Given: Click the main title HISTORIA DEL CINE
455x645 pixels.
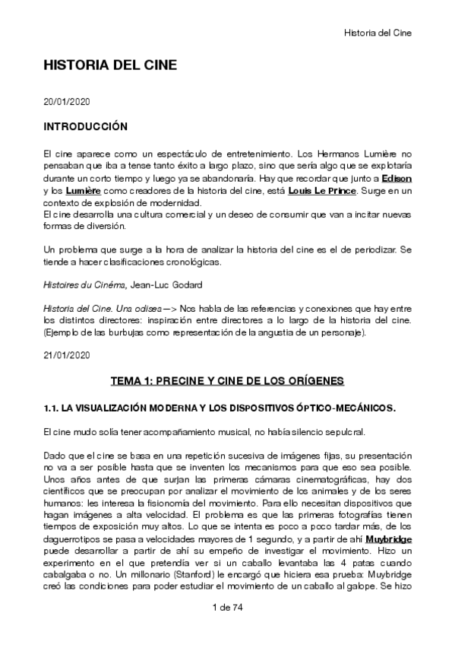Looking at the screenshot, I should coord(111,65).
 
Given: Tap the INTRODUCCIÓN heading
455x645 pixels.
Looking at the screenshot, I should coord(85,126).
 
